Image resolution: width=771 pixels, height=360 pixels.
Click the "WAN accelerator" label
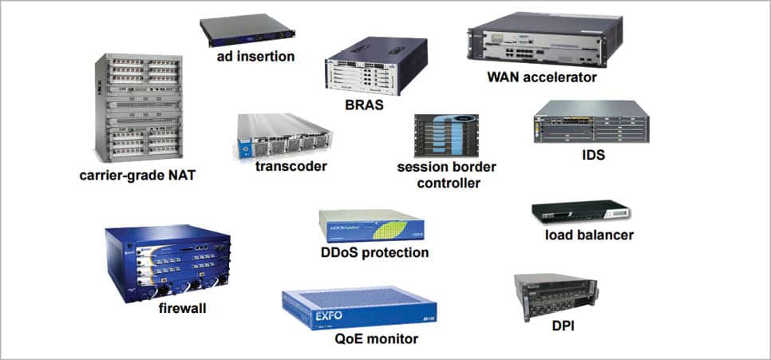pos(542,78)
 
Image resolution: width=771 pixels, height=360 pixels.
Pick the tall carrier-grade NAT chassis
pos(138,108)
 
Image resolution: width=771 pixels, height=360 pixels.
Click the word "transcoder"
pos(291,167)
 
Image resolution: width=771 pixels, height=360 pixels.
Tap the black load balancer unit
pos(579,213)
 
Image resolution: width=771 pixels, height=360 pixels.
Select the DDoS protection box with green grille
pos(370,225)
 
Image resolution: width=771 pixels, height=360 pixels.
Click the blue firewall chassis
pos(167,259)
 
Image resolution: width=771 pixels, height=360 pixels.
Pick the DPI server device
pos(556,297)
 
